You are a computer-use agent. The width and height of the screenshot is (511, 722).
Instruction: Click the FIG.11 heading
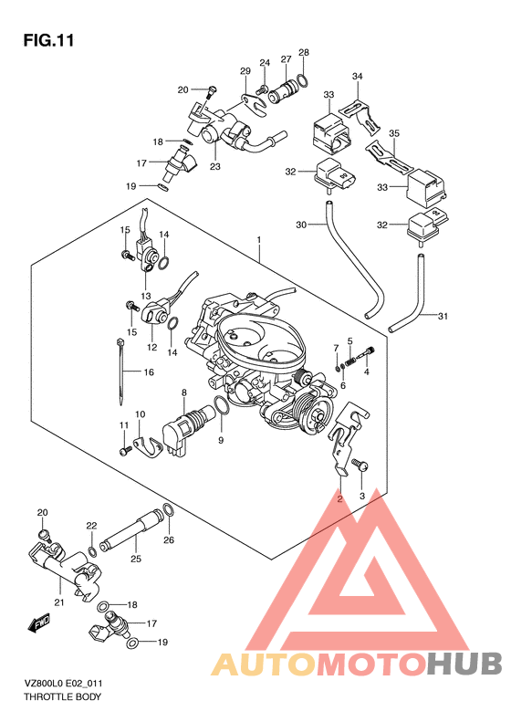pos(48,40)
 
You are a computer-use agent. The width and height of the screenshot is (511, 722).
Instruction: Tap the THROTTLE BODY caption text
pos(62,696)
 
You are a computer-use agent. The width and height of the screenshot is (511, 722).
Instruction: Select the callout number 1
pos(259,240)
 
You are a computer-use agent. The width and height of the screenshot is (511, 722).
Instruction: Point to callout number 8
pos(184,392)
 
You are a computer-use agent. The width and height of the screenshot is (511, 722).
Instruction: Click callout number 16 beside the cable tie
pos(149,372)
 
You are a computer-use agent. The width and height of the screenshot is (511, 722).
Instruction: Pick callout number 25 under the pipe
pos(136,559)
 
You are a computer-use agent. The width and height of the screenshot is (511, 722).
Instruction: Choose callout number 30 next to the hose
pos(301,225)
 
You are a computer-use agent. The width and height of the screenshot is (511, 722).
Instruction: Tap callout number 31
pos(443,316)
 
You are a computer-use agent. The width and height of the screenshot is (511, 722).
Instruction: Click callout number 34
pos(357,76)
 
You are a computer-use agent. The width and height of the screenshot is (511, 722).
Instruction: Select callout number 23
pos(215,166)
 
